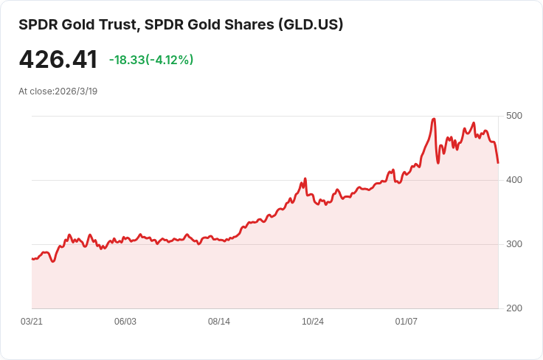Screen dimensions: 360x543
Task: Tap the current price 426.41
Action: point(58,60)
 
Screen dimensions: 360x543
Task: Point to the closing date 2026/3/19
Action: point(76,91)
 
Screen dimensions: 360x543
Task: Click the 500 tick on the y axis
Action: point(513,116)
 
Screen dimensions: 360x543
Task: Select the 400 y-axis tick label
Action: point(513,180)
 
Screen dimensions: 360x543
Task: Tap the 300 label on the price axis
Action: point(513,244)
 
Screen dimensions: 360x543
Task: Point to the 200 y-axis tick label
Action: point(513,308)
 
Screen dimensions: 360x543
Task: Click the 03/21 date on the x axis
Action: point(32,322)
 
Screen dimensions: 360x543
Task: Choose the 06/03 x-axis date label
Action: point(125,322)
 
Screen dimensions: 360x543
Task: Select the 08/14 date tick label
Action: point(219,322)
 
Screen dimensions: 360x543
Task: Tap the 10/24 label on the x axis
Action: point(313,322)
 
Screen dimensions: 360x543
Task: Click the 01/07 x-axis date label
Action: point(407,322)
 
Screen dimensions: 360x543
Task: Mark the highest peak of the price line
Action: point(434,119)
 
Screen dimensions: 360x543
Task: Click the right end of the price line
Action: point(498,162)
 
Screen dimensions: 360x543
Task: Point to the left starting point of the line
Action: point(32,259)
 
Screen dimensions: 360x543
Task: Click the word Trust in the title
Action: point(117,24)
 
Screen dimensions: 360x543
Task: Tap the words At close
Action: point(35,91)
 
